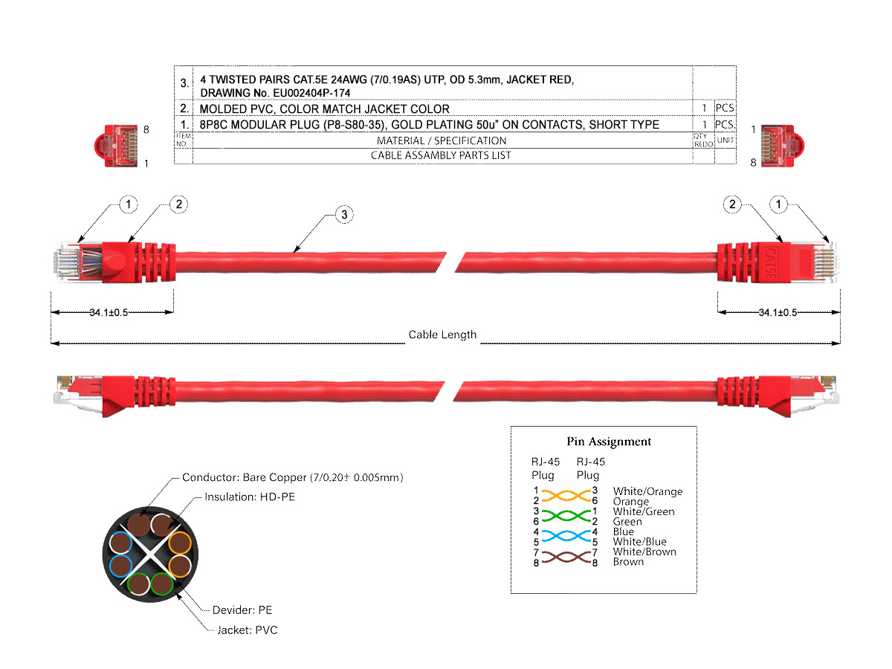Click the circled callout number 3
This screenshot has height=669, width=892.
coord(344,215)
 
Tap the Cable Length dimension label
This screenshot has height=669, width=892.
coord(442,334)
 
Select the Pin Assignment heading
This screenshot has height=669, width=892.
coord(609,442)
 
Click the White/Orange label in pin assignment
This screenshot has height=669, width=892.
coord(647,491)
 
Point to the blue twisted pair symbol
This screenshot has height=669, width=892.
coord(566,536)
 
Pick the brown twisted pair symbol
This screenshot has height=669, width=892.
coord(566,557)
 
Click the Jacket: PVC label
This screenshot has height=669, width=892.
coord(248,630)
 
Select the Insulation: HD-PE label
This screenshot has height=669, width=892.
coord(250,497)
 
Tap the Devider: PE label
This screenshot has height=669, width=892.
coord(242,610)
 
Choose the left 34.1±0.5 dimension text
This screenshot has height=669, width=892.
coord(109,312)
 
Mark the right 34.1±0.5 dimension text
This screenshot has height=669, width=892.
coord(778,312)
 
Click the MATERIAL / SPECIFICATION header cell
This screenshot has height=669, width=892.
coord(442,140)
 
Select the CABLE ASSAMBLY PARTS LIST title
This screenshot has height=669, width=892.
coord(441,155)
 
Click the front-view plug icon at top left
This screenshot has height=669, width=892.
coord(117,146)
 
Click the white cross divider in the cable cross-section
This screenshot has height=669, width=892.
coord(151,555)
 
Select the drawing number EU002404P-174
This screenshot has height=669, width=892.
coord(311,93)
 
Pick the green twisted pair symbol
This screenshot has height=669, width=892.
coord(566,516)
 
